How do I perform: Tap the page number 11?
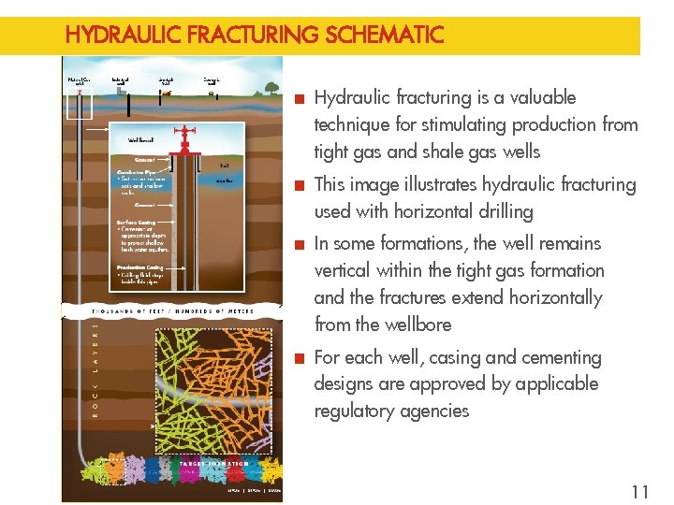coord(640,492)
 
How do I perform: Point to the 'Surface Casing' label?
coord(136,223)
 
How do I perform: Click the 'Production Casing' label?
coord(140,267)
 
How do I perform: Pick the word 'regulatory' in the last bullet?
coord(357,411)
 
